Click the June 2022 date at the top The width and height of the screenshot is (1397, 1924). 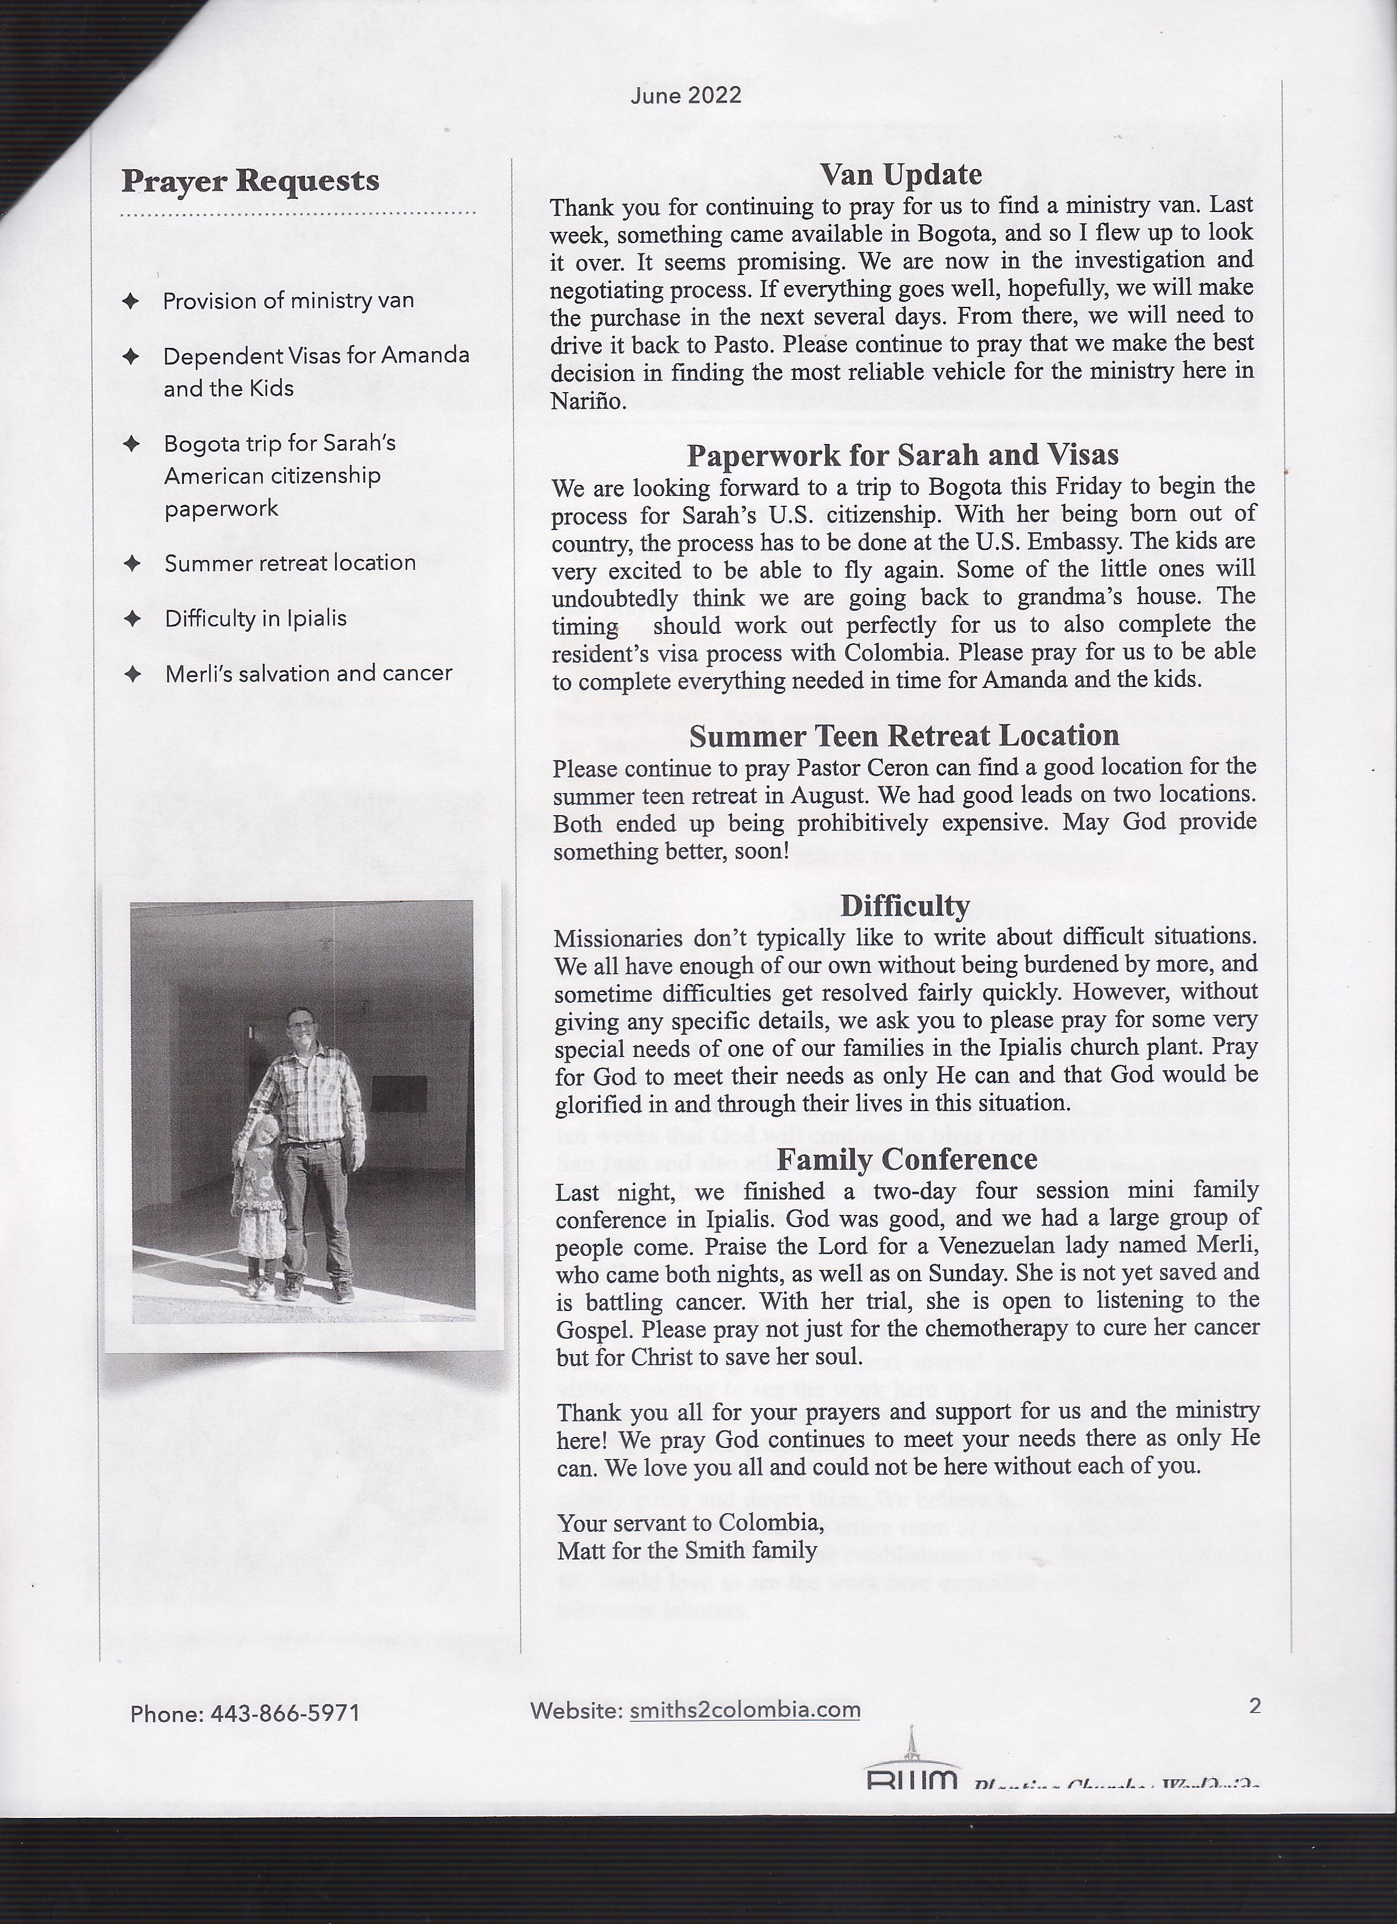686,95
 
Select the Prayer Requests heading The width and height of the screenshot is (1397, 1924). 250,181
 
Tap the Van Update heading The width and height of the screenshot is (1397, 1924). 901,175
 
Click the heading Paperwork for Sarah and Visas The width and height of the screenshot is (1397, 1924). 902,456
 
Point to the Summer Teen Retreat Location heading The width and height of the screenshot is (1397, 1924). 904,736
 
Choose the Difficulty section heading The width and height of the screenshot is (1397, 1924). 905,906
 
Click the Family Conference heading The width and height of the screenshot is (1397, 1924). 906,1159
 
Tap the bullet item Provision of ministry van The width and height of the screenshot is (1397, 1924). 288,301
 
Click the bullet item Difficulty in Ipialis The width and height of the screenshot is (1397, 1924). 255,619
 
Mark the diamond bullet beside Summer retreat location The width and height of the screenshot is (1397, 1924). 132,563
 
